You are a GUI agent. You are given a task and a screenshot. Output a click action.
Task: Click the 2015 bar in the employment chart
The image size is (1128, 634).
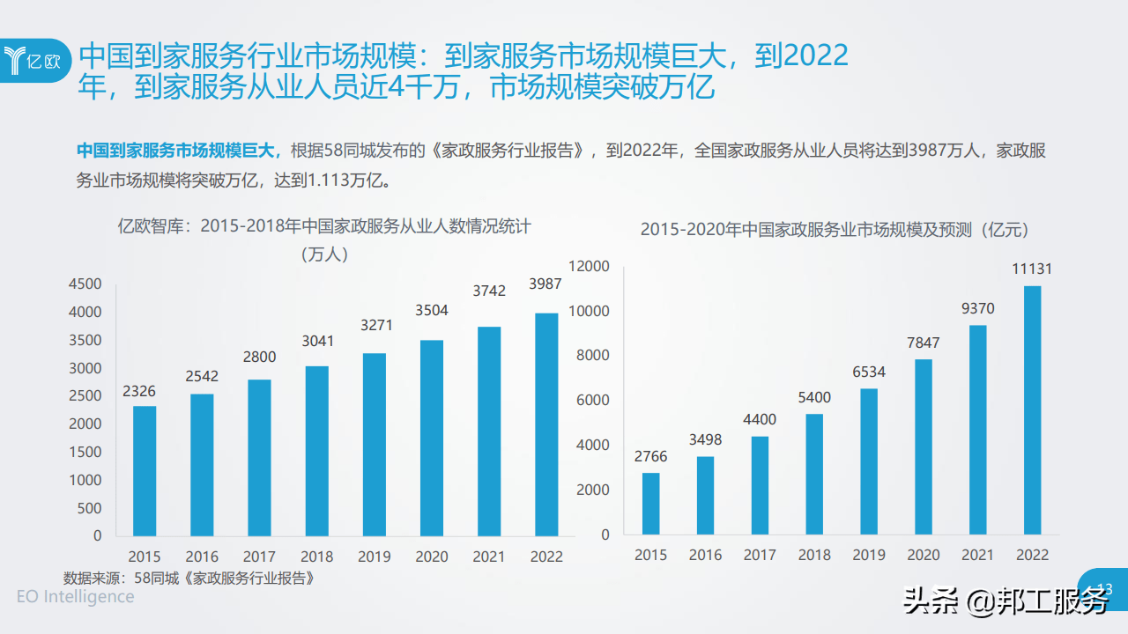(x=145, y=470)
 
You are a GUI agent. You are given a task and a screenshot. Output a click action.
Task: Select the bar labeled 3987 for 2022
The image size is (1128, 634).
(x=546, y=424)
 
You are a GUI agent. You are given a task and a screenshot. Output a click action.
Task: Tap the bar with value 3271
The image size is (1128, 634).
(x=374, y=444)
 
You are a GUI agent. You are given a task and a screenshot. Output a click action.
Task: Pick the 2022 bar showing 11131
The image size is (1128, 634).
(x=1032, y=410)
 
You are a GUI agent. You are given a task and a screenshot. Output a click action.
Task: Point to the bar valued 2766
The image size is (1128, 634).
(x=650, y=504)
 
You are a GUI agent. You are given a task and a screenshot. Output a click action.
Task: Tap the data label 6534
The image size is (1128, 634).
(x=869, y=372)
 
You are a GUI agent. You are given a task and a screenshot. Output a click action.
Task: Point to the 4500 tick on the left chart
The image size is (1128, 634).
(x=85, y=284)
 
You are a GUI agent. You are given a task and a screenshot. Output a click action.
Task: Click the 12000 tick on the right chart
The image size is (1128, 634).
(x=590, y=266)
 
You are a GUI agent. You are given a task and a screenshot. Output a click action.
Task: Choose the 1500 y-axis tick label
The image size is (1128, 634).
(x=85, y=452)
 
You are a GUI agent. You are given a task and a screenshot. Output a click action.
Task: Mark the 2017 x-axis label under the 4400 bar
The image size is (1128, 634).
(x=760, y=555)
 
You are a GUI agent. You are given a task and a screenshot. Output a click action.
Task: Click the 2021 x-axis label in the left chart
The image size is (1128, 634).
(x=489, y=557)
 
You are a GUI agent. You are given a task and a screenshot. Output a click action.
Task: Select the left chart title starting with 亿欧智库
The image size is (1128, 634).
(x=325, y=226)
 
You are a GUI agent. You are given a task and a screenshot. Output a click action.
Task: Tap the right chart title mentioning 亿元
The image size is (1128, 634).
(x=835, y=230)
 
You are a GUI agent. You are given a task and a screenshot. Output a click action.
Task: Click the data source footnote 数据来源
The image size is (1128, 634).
(x=189, y=579)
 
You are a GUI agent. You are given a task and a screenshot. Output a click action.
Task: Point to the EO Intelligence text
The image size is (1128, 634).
(x=76, y=597)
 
